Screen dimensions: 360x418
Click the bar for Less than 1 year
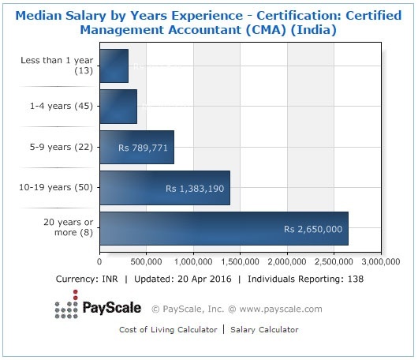click(114, 66)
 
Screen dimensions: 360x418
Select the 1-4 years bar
click(118, 106)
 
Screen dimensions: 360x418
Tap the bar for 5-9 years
click(136, 147)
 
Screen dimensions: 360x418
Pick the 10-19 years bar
click(164, 188)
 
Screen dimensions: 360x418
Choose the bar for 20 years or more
click(223, 228)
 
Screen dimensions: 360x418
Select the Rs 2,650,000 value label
click(313, 229)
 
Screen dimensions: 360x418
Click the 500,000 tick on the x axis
click(146, 261)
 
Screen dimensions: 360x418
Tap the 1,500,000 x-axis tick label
click(240, 261)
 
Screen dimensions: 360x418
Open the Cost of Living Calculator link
click(167, 329)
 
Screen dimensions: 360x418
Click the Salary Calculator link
click(264, 329)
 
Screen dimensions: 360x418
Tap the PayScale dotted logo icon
click(66, 309)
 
